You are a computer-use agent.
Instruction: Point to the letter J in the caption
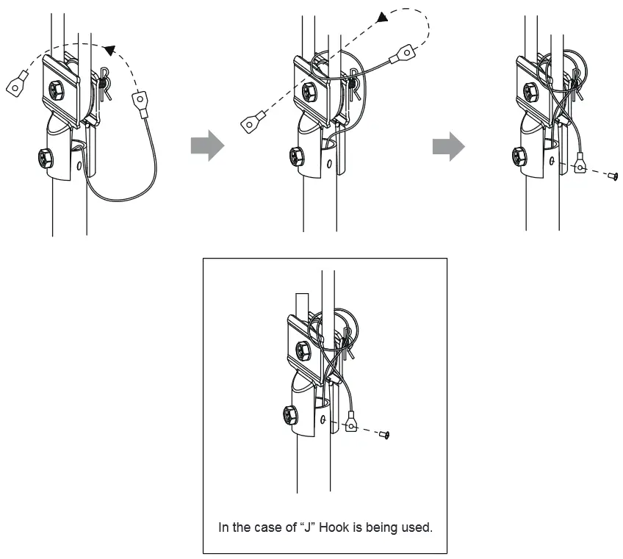tap(308, 527)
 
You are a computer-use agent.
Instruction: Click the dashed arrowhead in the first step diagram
tap(109, 50)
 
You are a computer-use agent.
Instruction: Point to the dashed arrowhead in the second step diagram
tap(381, 16)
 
